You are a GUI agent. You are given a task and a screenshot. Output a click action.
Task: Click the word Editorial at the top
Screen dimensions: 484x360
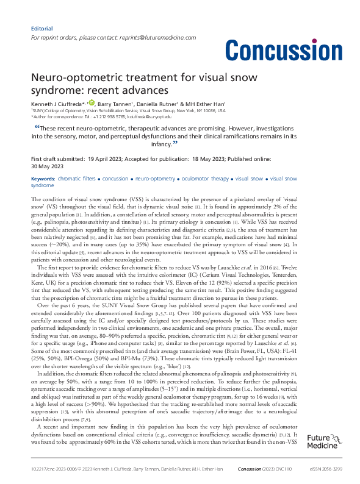point(41,29)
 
